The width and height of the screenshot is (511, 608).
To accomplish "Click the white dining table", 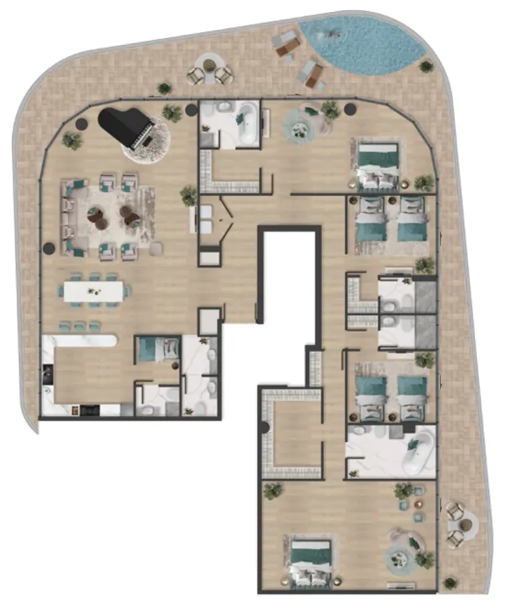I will [94, 291].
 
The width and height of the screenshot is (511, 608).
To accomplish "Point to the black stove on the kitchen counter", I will [47, 375].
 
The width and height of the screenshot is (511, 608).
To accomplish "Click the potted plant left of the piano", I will [72, 140].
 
